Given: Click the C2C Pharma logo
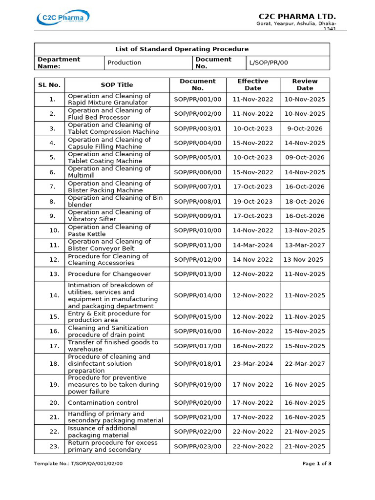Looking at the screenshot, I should pyautogui.click(x=63, y=19).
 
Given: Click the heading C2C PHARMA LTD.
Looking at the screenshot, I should pyautogui.click(x=304, y=17).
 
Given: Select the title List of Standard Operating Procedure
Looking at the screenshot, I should pyautogui.click(x=182, y=49).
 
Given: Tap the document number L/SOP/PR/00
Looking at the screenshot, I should pyautogui.click(x=270, y=62).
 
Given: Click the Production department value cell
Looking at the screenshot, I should pyautogui.click(x=125, y=62).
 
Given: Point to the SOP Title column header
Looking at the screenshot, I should pyautogui.click(x=117, y=85).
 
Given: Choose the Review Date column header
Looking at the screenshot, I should pyautogui.click(x=305, y=85).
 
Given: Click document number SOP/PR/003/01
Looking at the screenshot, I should pyautogui.click(x=197, y=128).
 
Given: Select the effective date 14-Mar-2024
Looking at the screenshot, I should pyautogui.click(x=253, y=245).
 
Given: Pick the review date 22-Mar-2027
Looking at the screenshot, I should pyautogui.click(x=305, y=364).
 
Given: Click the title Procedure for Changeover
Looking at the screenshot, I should pyautogui.click(x=109, y=274).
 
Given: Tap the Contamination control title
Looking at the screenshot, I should pyautogui.click(x=103, y=403).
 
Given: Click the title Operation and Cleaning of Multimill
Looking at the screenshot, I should pyautogui.click(x=109, y=172).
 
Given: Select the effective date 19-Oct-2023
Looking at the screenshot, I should pyautogui.click(x=253, y=201).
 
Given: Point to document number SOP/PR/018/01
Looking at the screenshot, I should pyautogui.click(x=197, y=364).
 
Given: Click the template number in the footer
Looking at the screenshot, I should pyautogui.click(x=78, y=463).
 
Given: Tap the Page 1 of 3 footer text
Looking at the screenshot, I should pyautogui.click(x=317, y=463).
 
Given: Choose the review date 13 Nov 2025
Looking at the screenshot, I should pyautogui.click(x=303, y=260).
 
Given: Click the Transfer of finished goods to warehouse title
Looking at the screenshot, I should pyautogui.click(x=113, y=346).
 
